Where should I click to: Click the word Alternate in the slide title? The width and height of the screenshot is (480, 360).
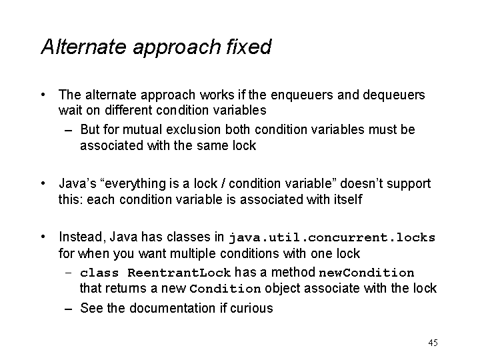[83, 47]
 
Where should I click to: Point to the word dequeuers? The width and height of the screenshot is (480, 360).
[394, 95]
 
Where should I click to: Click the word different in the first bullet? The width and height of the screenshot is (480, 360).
[128, 110]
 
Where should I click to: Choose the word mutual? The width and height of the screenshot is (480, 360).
[142, 129]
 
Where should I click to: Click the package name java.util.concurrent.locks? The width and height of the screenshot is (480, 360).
[332, 238]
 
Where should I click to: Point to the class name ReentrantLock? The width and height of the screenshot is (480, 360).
[179, 273]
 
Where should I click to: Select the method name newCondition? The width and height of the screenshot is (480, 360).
[367, 273]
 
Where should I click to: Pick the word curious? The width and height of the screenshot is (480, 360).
[251, 308]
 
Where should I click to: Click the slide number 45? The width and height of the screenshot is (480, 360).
[433, 343]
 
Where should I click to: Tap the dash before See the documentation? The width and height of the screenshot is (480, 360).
[69, 309]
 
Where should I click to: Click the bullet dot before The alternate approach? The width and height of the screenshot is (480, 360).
[43, 95]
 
